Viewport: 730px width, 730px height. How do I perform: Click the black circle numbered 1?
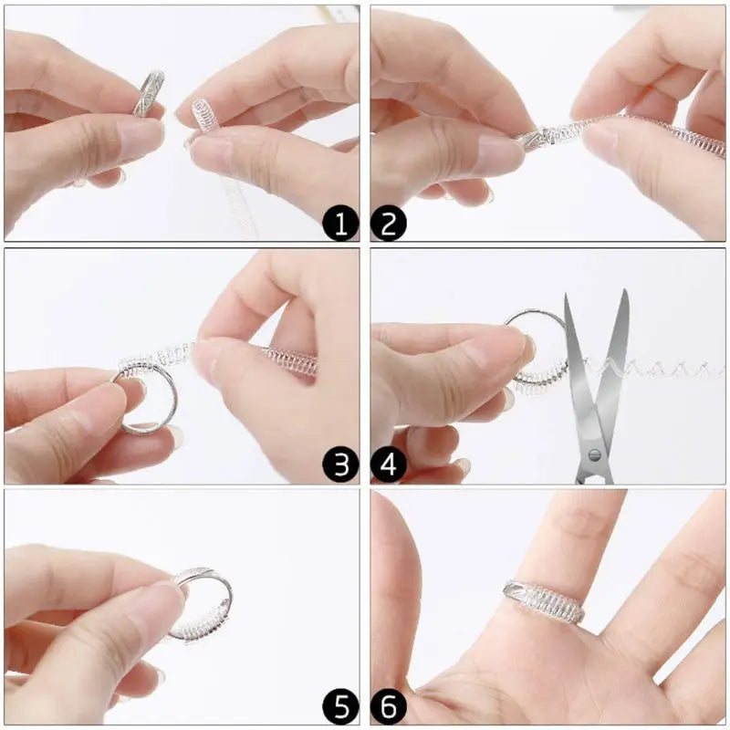(x=340, y=223)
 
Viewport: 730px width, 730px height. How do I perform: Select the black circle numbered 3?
(x=340, y=465)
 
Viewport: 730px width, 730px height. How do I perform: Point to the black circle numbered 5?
(x=340, y=707)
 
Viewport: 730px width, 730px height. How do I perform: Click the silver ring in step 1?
(x=149, y=93)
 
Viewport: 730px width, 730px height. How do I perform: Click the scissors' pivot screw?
(x=594, y=454)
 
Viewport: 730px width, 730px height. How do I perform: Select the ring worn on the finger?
(x=544, y=601)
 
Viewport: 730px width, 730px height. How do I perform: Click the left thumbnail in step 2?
(x=500, y=153)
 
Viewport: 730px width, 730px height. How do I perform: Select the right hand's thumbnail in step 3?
(x=207, y=359)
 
